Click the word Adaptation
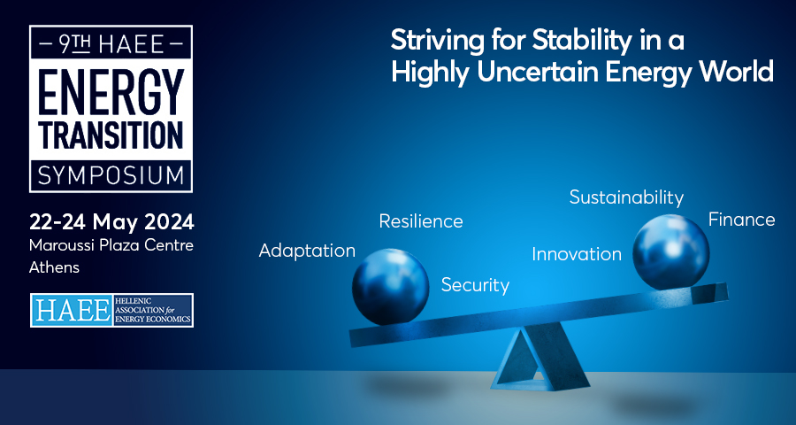[307, 251]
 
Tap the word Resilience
[421, 221]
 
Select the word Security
[475, 285]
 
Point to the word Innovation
[577, 254]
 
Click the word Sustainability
[626, 197]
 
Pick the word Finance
[742, 220]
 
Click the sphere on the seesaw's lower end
[390, 287]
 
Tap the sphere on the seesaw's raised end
[670, 252]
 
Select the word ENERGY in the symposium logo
[111, 92]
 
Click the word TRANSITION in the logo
[111, 135]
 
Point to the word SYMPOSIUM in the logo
[111, 175]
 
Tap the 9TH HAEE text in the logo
[111, 45]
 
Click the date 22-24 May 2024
[111, 222]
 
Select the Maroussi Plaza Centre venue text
[111, 245]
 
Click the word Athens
[54, 267]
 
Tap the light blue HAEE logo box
[71, 310]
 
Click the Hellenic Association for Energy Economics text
[152, 310]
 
